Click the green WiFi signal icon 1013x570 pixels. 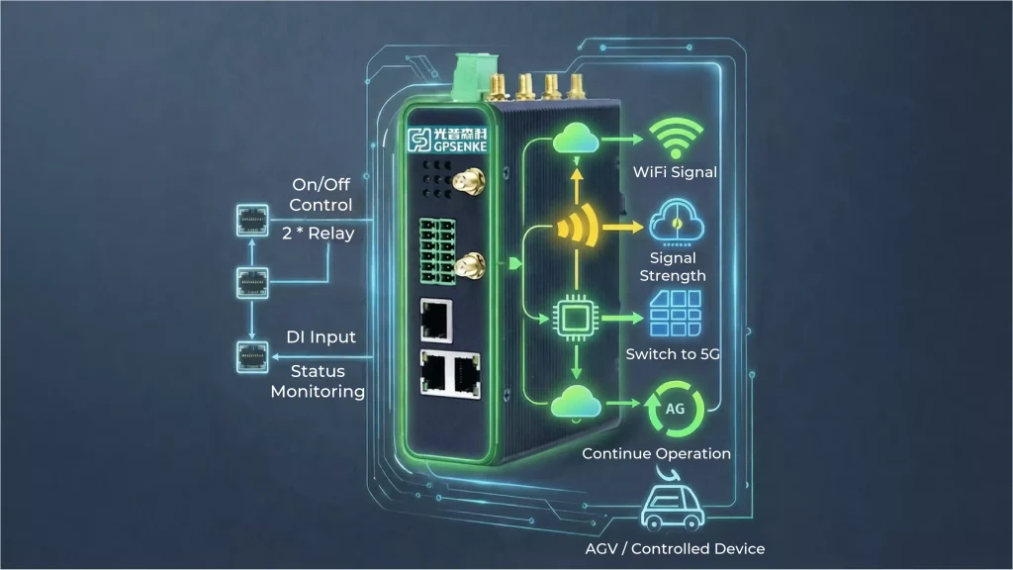[x=675, y=140]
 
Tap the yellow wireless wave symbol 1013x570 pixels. [x=578, y=228]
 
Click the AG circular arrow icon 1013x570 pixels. [x=674, y=409]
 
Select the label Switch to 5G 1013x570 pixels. [x=675, y=353]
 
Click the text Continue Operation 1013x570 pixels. [x=656, y=453]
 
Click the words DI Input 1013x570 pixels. [x=320, y=337]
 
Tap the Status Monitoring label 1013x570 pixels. [x=318, y=381]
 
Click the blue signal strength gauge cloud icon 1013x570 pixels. [x=677, y=220]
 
